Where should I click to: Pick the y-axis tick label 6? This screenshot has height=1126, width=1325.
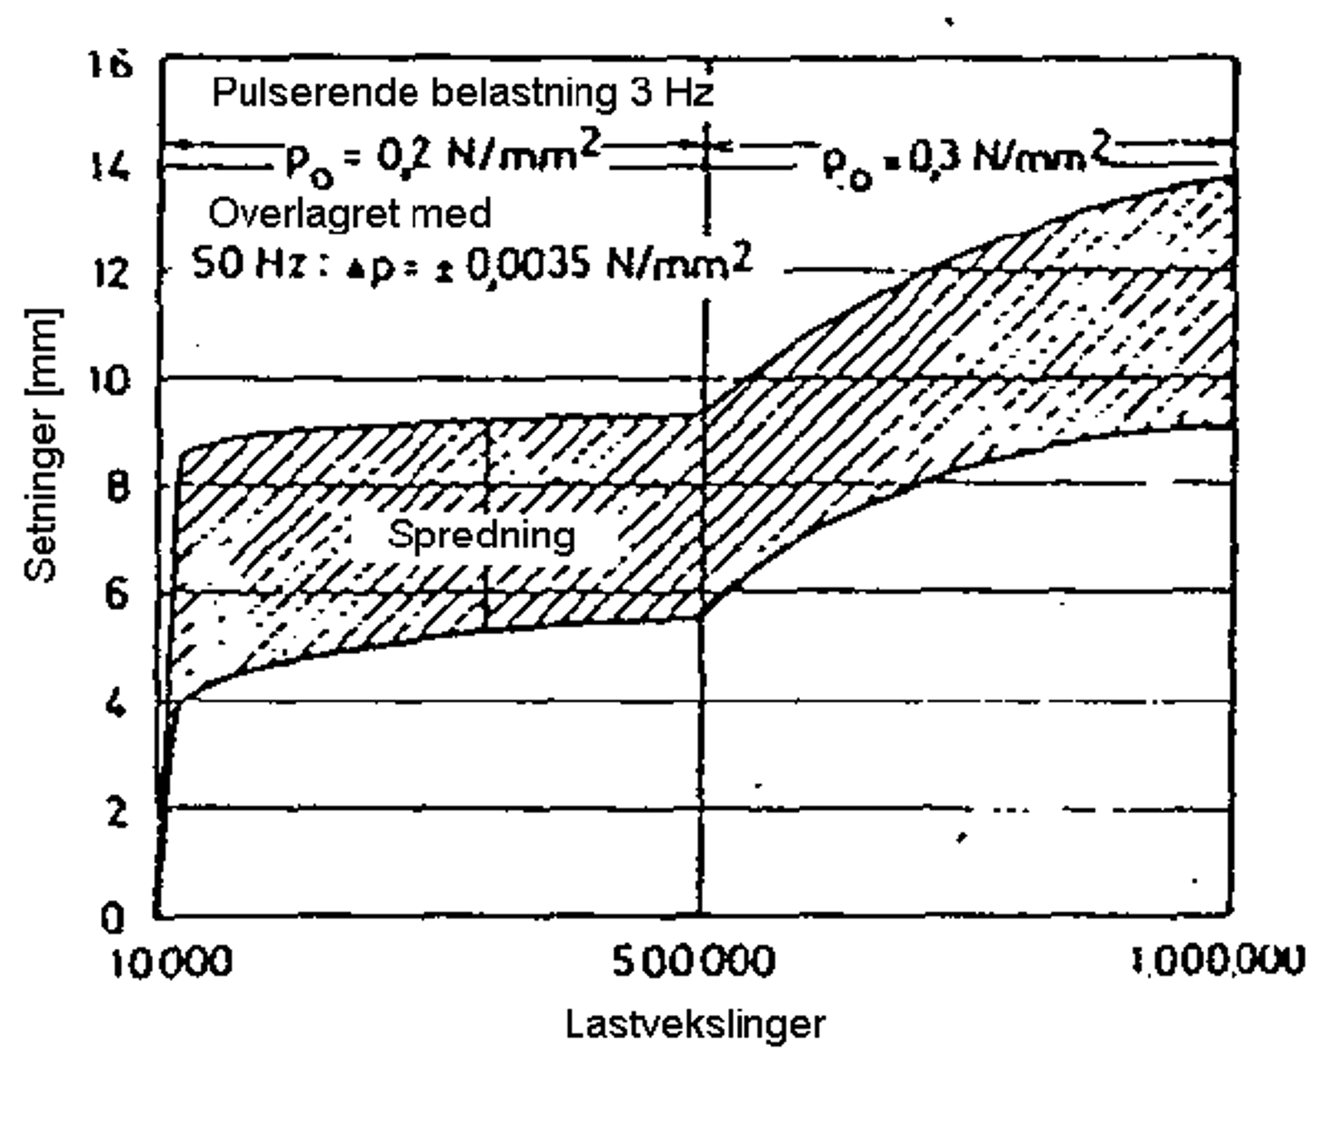point(117,594)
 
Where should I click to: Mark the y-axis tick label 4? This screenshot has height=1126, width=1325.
point(117,704)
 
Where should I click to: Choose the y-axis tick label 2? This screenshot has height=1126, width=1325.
point(118,811)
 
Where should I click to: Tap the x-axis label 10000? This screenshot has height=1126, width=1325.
point(171,963)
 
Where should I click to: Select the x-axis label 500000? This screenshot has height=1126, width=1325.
point(694,962)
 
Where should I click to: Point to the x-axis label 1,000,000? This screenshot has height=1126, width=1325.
point(1218,960)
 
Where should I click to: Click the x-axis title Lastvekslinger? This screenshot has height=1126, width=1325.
point(695,1025)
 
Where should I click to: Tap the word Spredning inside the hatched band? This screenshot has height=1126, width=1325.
point(481,535)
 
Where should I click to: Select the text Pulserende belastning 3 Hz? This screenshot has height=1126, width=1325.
point(462,93)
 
